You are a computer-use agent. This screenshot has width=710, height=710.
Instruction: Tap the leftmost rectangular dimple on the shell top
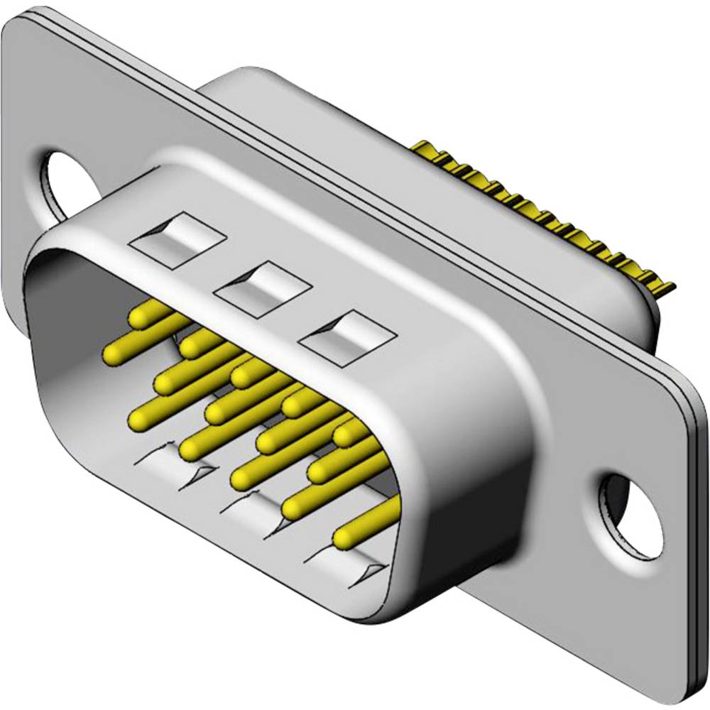[177, 238]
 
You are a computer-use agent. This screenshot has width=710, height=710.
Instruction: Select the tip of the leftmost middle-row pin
[113, 352]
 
